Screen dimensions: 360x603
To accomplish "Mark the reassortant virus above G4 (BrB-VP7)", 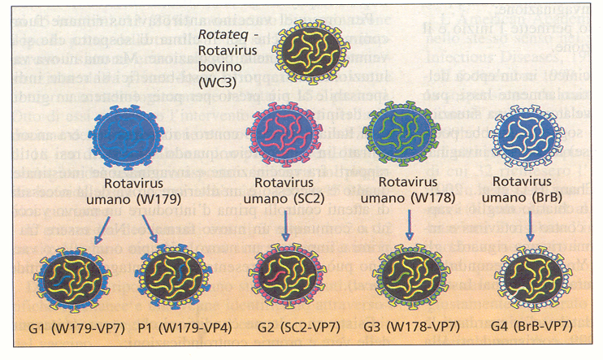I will click(529, 277).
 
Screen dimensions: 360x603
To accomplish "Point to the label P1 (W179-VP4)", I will click(174, 328).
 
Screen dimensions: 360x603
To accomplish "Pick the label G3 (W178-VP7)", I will click(410, 327).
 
